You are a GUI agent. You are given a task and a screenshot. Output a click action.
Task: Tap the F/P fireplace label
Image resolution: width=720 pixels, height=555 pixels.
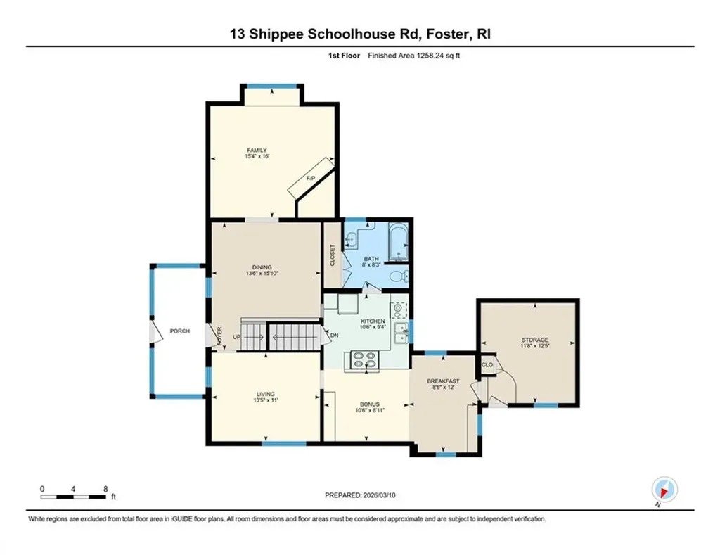pyautogui.click(x=309, y=180)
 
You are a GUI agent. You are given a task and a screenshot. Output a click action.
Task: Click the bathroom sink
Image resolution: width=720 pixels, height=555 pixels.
pyautogui.click(x=350, y=241)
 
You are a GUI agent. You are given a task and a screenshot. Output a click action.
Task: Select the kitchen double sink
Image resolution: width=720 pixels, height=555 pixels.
pyautogui.click(x=400, y=333)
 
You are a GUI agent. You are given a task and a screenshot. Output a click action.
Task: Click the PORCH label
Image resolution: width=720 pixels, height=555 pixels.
pyautogui.click(x=179, y=331)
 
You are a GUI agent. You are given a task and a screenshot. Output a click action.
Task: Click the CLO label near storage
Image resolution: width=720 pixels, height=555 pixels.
pyautogui.click(x=487, y=364)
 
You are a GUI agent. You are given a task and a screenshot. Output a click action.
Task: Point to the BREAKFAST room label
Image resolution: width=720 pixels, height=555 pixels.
pyautogui.click(x=444, y=381)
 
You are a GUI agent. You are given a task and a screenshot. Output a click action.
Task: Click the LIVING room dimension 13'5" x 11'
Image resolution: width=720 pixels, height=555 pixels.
pyautogui.click(x=265, y=400)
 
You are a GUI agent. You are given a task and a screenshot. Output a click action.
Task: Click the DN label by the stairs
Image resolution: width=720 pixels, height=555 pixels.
pyautogui.click(x=333, y=335)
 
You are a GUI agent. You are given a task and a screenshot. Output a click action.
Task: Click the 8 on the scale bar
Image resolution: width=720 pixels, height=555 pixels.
pyautogui.click(x=105, y=488)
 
